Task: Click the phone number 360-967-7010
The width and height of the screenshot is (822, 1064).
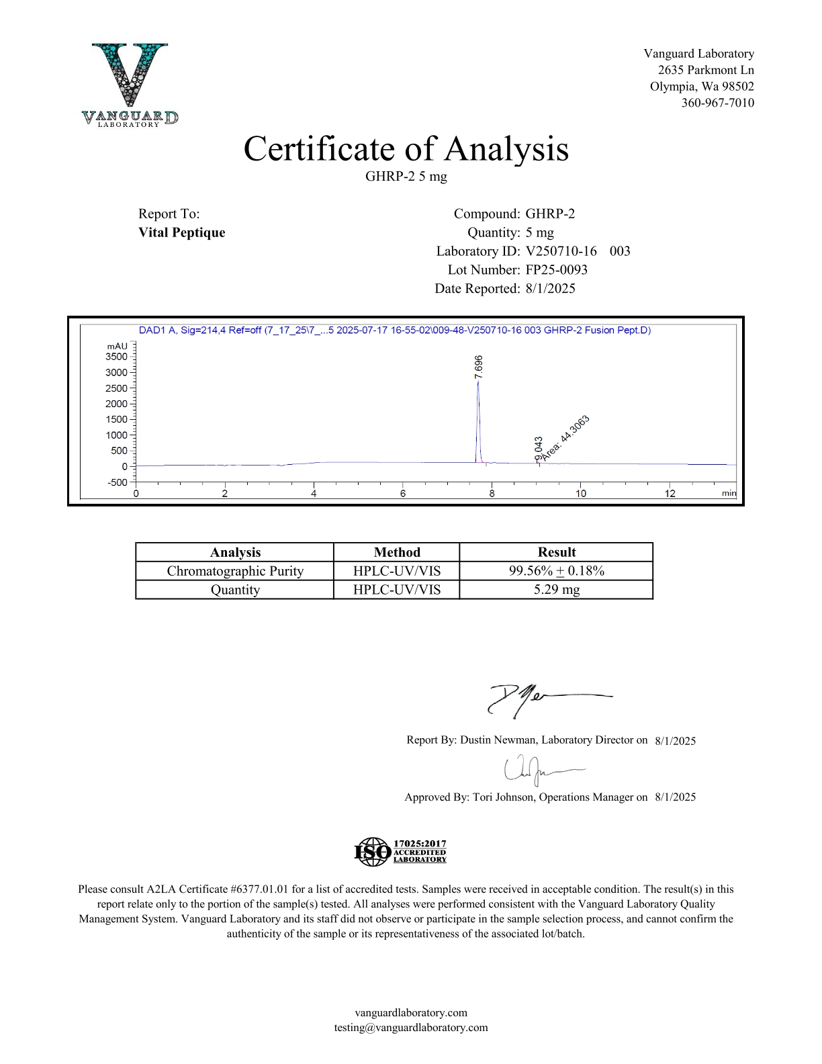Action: click(717, 103)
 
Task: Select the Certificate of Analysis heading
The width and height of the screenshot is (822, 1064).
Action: click(406, 149)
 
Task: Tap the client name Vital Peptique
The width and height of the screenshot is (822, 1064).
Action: click(181, 232)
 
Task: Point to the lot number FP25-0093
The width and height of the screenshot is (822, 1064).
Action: click(556, 269)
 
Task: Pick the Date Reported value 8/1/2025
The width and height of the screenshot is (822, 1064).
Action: click(550, 288)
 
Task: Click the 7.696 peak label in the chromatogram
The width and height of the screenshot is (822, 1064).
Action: click(478, 367)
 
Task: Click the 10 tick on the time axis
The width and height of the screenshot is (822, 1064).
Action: click(580, 494)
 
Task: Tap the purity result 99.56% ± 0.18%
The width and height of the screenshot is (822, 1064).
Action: click(556, 571)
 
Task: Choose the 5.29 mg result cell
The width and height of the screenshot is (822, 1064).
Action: click(556, 590)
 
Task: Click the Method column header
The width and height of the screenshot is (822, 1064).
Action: click(396, 552)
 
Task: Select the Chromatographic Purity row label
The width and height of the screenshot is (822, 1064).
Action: click(235, 571)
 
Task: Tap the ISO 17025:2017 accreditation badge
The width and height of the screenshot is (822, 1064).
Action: click(400, 851)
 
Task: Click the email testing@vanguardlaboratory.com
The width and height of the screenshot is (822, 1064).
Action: click(411, 1027)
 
